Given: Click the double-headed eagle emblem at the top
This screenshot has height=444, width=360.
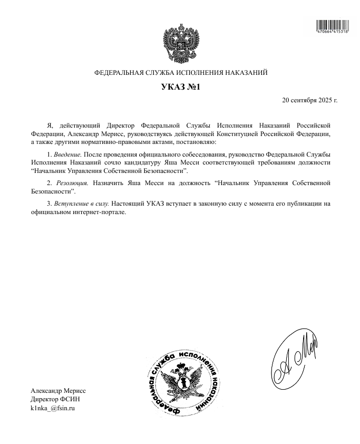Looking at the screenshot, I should tap(180, 42).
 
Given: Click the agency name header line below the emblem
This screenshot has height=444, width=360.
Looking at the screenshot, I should tap(180, 72).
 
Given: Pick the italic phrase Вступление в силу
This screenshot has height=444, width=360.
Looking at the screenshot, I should tap(81, 203).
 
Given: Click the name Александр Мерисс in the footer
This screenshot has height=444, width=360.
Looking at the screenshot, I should tap(58, 390).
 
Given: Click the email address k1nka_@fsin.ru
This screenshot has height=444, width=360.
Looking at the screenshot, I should tap(53, 408).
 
